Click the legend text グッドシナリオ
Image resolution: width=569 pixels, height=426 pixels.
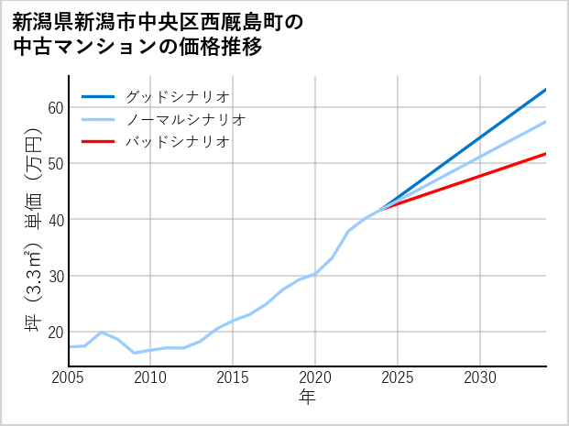[177, 96]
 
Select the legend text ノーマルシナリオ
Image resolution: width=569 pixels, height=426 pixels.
[185, 119]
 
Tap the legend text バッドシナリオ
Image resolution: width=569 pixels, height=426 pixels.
[177, 142]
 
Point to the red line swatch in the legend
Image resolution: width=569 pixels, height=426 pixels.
[99, 142]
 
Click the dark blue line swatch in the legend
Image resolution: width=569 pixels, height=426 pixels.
[99, 96]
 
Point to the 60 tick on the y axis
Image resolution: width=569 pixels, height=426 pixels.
[54, 107]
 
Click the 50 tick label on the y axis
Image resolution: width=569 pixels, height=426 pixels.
[54, 163]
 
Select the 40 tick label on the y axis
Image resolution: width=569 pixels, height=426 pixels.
[54, 220]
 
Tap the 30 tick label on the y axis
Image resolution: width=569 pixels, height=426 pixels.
[54, 276]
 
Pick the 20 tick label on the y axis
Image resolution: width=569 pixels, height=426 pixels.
[54, 332]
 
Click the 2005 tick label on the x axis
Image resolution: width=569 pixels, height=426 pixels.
[69, 377]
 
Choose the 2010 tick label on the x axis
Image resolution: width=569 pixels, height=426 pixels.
[151, 377]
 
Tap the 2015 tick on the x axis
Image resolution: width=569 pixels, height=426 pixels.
[234, 377]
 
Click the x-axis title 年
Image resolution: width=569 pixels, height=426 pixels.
[308, 397]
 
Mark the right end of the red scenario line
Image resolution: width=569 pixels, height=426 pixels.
[546, 154]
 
